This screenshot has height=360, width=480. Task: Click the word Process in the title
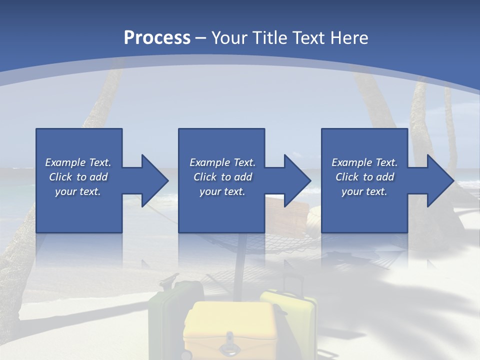157,38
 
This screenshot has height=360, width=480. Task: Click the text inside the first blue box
78,177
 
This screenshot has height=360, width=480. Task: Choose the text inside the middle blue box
222,177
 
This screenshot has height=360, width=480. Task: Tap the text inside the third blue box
364,177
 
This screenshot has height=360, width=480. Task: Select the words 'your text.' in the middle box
222,191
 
